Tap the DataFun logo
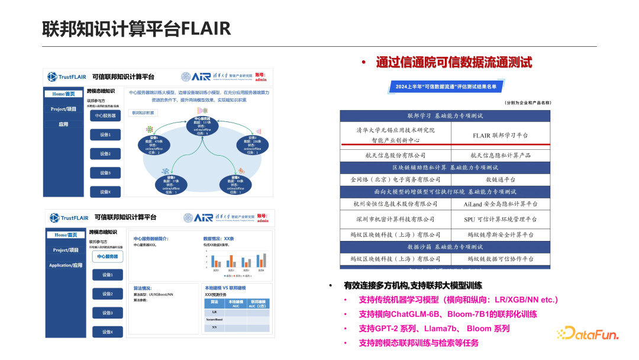click(x=588, y=333)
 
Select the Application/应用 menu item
click(x=66, y=265)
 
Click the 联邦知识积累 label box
click(x=143, y=112)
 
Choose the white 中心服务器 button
click(x=108, y=256)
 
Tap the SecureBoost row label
click(x=214, y=319)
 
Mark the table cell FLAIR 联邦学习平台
click(x=500, y=136)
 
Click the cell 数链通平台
click(x=500, y=179)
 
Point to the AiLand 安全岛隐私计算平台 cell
click(x=500, y=204)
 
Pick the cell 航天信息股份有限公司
click(x=395, y=155)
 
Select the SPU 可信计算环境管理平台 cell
click(x=500, y=219)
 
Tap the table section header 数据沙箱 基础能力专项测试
click(x=445, y=246)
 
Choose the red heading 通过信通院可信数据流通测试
click(x=454, y=62)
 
